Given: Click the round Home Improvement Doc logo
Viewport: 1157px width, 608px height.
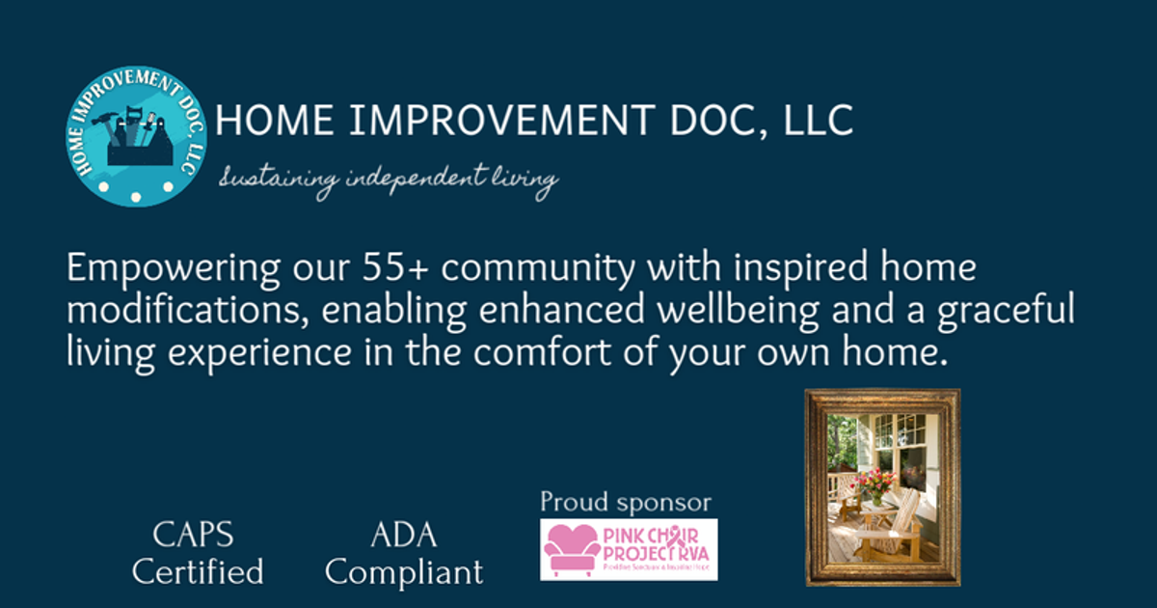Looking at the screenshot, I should click(x=136, y=136).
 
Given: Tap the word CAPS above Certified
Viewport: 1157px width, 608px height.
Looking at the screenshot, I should click(x=194, y=536).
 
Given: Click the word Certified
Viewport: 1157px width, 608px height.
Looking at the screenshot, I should click(x=198, y=572).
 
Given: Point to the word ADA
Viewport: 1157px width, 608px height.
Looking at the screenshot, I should click(x=403, y=536).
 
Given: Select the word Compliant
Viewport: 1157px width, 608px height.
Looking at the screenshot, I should click(x=404, y=572).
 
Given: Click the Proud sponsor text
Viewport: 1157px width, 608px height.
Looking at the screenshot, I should click(x=625, y=502).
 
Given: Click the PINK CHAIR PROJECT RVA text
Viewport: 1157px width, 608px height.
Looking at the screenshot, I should click(x=656, y=544).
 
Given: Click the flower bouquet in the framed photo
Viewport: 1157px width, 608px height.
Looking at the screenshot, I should click(x=873, y=480).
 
